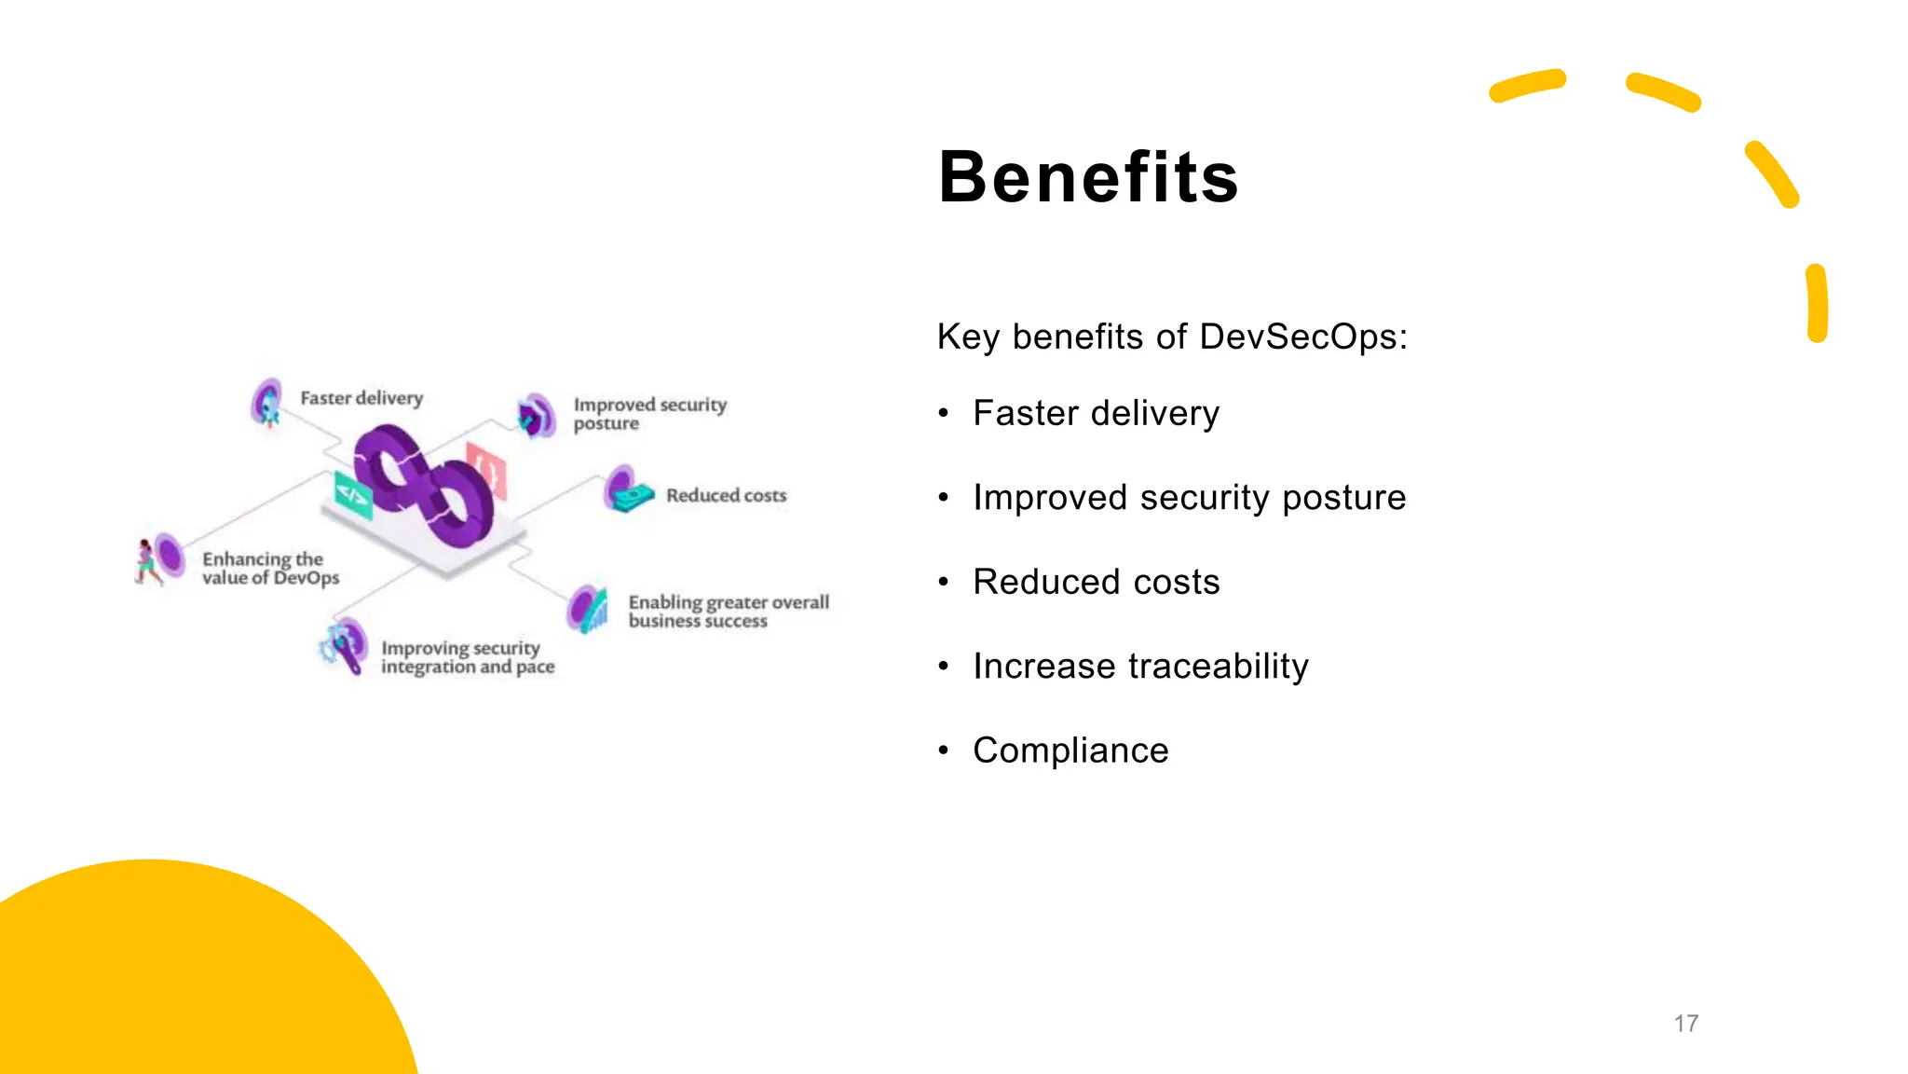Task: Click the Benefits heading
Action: point(1087,177)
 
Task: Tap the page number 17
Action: point(1685,1024)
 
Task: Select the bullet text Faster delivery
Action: point(1096,413)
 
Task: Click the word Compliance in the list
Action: point(1070,750)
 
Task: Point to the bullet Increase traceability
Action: point(1140,667)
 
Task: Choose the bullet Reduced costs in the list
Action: point(1096,582)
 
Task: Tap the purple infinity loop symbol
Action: point(424,485)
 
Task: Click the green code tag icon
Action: point(353,495)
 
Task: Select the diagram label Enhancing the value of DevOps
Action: point(270,569)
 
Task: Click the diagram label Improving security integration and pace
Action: point(467,657)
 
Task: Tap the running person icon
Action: point(146,562)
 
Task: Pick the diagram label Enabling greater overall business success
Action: point(728,612)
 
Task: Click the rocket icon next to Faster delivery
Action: point(268,404)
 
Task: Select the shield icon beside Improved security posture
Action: point(536,416)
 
